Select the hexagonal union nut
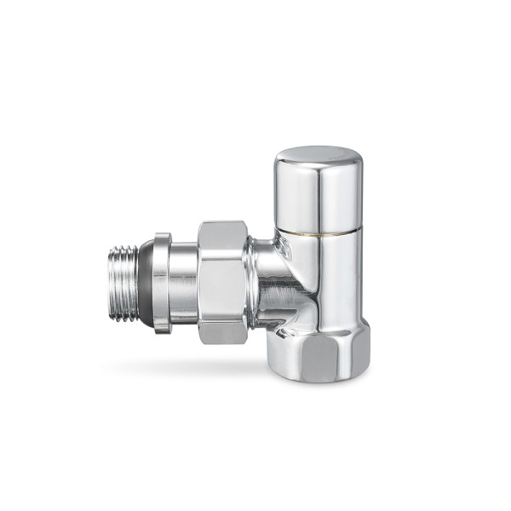click(222, 282)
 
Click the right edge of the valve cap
click(362, 192)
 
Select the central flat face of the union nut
click(222, 282)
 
